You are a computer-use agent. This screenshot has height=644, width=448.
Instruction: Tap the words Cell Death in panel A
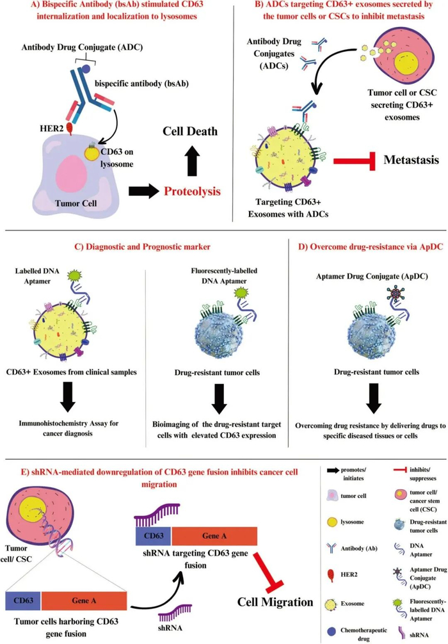(x=189, y=132)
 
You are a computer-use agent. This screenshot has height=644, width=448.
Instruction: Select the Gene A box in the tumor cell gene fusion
(x=83, y=600)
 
